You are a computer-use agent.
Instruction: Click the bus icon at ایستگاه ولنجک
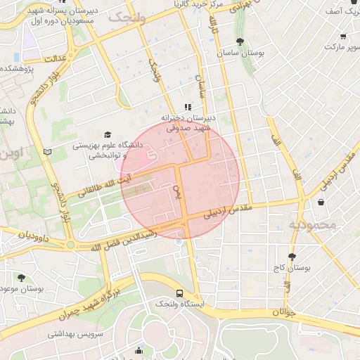coord(180,292)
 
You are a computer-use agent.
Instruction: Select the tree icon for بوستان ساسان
coord(241,41)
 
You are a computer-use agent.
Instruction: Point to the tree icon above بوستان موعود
coord(21,278)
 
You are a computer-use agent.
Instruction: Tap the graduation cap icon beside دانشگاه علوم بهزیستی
coord(108,135)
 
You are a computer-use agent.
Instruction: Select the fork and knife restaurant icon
coord(188,107)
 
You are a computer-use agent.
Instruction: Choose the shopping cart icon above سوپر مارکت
coord(342,37)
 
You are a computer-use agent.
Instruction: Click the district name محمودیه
coord(313,225)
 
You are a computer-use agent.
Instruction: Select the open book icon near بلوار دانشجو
coord(47,151)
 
